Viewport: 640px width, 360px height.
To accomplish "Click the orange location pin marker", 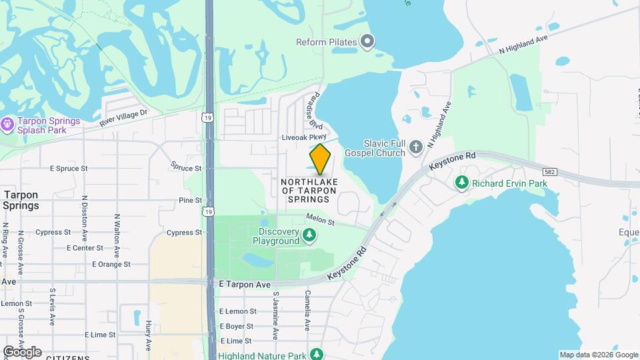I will coord(320,159).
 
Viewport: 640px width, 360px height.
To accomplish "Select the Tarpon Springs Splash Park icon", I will coord(7,125).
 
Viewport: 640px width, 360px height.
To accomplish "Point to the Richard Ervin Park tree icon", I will coord(461,183).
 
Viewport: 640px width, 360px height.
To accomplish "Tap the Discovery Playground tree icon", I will coord(309,235).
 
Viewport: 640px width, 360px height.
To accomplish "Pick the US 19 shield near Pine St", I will coord(209,211).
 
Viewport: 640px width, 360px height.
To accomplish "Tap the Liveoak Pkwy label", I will coord(305,137).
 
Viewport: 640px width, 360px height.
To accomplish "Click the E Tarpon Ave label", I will coord(245,285).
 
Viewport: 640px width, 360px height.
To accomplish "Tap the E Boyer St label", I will coord(236,326).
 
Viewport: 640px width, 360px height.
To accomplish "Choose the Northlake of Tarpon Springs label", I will coord(309,191).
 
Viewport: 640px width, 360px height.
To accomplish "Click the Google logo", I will coord(22,352).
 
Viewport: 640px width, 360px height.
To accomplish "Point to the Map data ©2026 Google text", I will coord(598,355).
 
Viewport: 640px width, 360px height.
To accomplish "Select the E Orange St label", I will coord(111,265).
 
